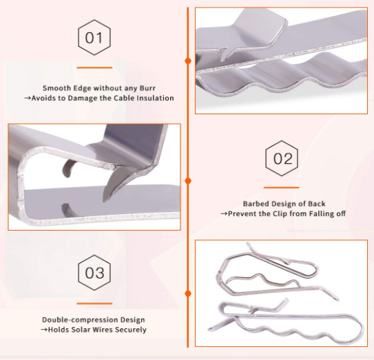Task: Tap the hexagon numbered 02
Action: (x=282, y=159)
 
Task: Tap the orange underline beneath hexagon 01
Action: (x=94, y=67)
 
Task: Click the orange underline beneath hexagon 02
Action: (x=282, y=187)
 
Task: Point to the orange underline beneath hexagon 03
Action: (x=94, y=303)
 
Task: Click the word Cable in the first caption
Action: (x=116, y=98)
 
